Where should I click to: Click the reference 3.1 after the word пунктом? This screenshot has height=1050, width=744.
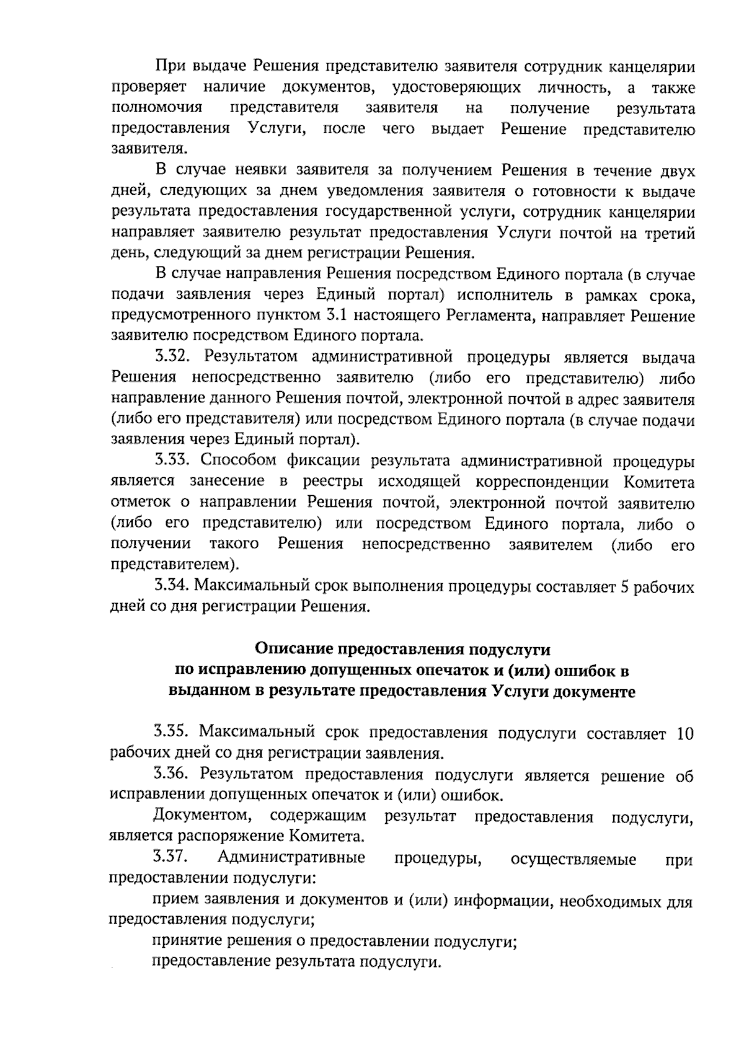pos(333,315)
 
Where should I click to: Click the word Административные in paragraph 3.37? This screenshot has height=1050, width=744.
pos(291,858)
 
